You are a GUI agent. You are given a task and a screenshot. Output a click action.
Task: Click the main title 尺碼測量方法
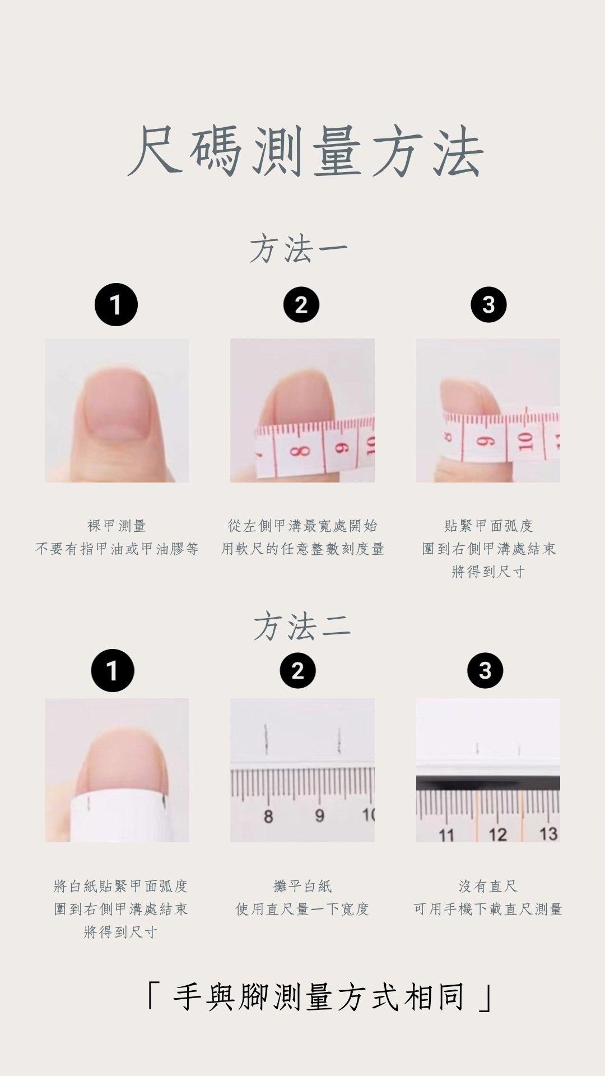[305, 151]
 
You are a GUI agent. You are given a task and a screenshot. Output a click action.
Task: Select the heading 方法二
[302, 627]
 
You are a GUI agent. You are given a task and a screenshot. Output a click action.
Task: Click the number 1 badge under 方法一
[116, 305]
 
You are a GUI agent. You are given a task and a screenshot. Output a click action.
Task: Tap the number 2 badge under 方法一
[301, 305]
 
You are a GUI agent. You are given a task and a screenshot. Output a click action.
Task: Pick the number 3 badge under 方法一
[488, 305]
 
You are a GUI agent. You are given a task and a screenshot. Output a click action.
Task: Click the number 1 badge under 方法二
[113, 670]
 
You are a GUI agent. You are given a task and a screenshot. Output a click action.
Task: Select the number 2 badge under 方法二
[298, 670]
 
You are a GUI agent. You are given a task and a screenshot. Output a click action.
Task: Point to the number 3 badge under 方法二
[485, 670]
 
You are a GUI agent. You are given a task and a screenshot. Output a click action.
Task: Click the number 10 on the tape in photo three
[525, 442]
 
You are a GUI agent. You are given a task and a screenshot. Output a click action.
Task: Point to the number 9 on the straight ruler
[319, 815]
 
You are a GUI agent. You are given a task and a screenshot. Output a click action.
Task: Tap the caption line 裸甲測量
[117, 526]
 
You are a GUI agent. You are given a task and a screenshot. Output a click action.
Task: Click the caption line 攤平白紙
[302, 886]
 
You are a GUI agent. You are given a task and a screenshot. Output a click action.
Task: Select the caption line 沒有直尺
[488, 886]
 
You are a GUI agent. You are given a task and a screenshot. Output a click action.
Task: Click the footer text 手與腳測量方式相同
[319, 998]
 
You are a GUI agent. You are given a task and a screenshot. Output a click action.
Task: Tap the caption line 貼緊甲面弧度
[488, 526]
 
